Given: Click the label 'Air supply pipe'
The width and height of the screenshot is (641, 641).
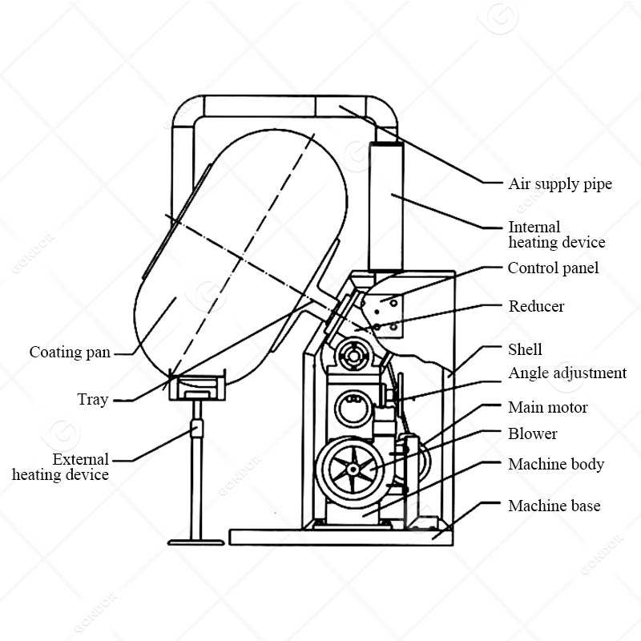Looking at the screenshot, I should pos(560,184).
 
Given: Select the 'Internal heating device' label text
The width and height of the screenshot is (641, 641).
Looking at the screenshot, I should pos(556,235).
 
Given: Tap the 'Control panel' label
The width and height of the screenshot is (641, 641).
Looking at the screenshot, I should pos(553,268).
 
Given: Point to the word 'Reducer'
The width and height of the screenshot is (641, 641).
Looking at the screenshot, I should pos(536,306).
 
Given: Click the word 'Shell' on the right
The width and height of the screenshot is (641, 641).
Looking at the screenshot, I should pos(525,349).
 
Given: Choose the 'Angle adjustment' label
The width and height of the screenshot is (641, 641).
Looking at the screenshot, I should pos(567,373).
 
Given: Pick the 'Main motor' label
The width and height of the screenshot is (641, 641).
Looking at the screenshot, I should pos(547,408).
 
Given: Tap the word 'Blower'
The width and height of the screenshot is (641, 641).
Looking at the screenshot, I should pos(533,434).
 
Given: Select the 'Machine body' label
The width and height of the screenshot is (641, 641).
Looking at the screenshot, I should pos(556,465).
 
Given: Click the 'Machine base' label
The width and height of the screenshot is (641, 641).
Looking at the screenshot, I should pos(554,506).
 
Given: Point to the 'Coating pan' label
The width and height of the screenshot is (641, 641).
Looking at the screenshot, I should pos(70,353).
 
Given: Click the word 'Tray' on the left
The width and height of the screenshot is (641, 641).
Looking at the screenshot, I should pos(93,399).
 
